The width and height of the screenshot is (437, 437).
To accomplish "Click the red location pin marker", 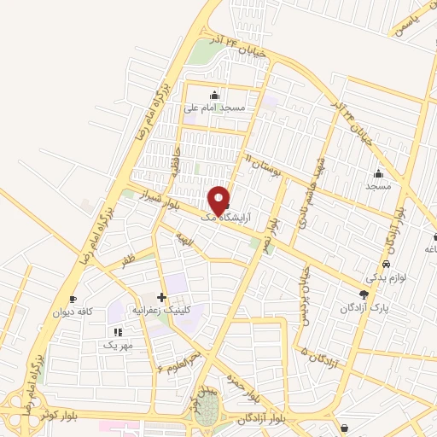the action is (x=219, y=201).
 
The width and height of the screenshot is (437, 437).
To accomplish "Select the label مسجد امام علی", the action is (x=214, y=108).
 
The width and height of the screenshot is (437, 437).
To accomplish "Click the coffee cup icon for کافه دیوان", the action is (x=73, y=299).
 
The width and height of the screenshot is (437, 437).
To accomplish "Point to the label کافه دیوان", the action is (x=73, y=312).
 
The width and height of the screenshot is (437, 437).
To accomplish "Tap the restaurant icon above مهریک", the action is (x=117, y=331).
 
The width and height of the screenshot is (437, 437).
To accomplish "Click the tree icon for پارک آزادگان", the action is (x=364, y=293).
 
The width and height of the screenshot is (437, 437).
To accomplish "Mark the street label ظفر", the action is (x=128, y=255).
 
